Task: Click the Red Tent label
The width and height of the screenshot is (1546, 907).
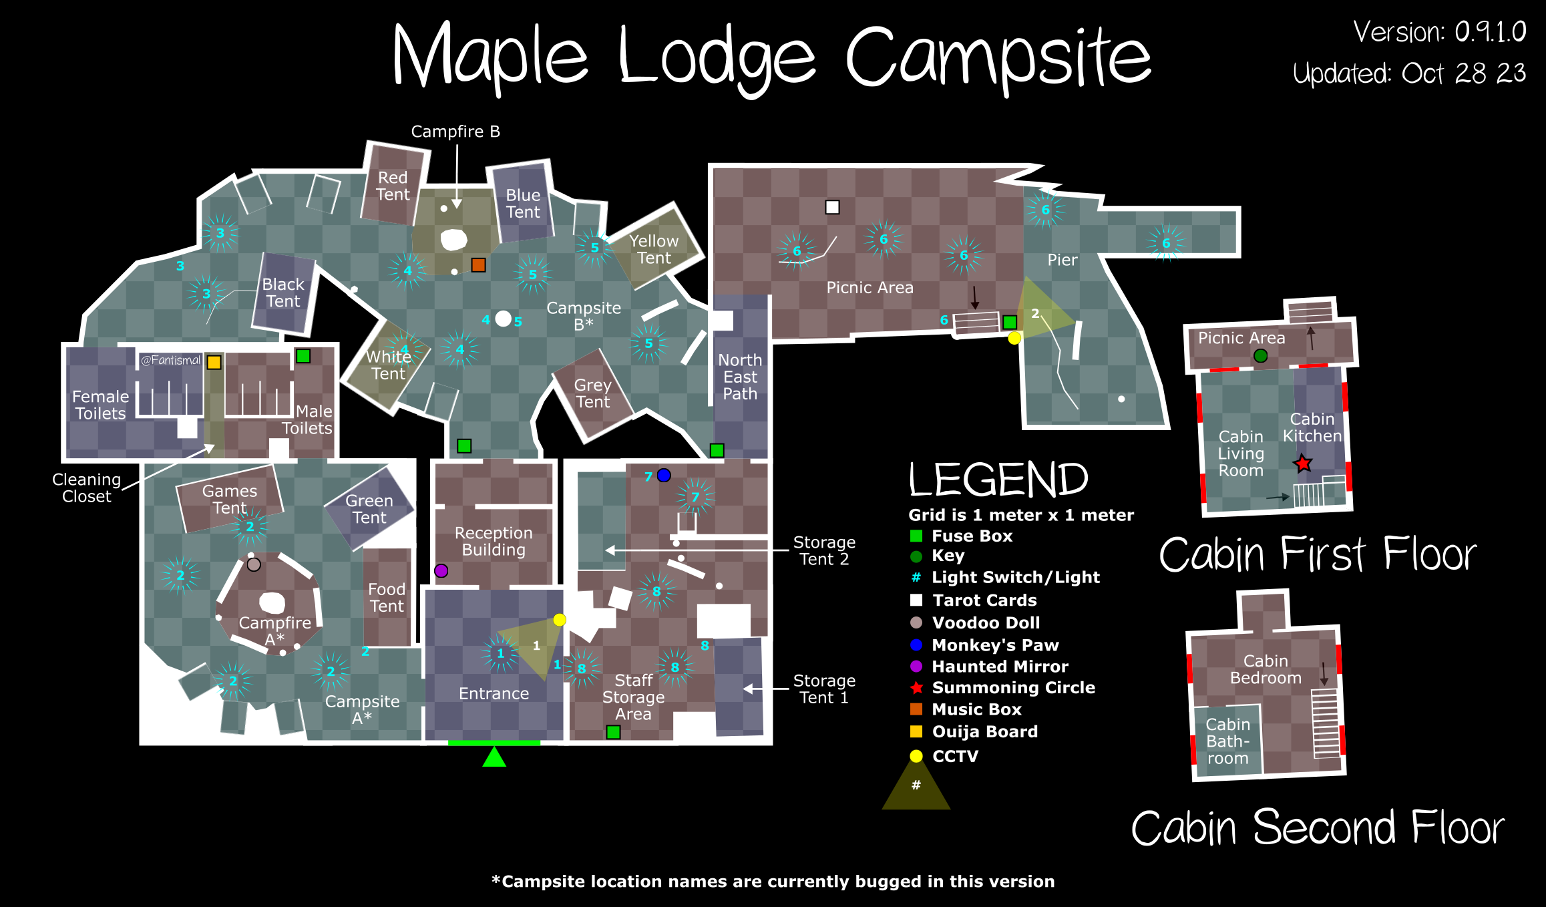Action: point(393,186)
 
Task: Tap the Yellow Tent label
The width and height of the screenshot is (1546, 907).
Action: point(654,249)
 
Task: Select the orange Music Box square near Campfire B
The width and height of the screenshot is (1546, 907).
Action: point(478,265)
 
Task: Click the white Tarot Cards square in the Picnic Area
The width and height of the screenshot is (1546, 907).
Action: point(832,207)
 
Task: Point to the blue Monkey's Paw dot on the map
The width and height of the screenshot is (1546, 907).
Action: point(664,476)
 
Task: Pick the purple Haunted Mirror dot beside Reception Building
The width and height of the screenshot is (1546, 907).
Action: point(441,571)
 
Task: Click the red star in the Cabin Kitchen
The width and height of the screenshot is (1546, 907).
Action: point(1303,464)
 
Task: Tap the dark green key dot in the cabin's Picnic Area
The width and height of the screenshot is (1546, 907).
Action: point(1260,356)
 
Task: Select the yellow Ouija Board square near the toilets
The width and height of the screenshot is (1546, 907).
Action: point(214,362)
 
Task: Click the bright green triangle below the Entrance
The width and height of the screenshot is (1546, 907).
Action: point(494,757)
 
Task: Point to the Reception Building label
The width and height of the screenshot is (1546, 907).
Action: point(494,542)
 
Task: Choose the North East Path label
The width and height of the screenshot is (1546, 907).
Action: point(740,377)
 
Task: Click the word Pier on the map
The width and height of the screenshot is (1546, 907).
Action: point(1062,260)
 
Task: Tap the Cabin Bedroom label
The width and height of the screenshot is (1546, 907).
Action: point(1266,669)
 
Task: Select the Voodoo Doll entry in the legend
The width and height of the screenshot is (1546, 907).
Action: point(986,623)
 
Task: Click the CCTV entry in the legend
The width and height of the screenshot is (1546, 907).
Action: point(955,756)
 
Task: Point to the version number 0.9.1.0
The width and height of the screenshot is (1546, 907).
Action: point(1491,32)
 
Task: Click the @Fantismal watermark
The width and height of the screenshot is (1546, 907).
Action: point(170,360)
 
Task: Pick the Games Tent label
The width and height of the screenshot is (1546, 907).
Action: point(230,500)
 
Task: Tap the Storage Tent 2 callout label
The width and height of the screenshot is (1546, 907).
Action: point(824,551)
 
